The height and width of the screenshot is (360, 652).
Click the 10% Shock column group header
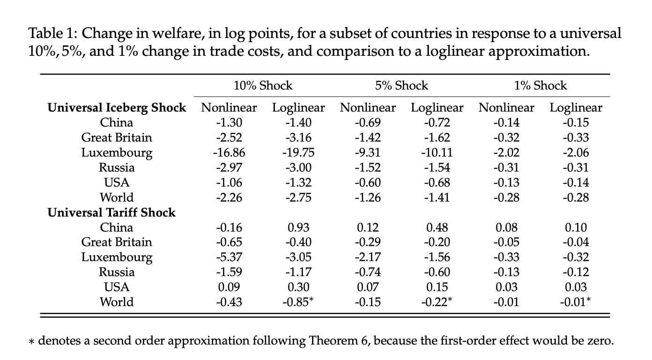[x=263, y=86]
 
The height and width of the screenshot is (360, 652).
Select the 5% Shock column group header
[x=401, y=86]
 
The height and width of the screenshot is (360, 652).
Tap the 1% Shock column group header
[x=540, y=86]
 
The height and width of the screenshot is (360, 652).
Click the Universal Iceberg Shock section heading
[x=117, y=108]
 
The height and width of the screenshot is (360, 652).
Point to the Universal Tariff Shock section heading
[x=111, y=212]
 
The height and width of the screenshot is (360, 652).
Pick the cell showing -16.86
[x=229, y=153]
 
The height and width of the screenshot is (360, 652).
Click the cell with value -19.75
[x=298, y=153]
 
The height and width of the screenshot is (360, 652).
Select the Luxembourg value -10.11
[x=437, y=153]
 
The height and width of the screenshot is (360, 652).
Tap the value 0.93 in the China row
[x=298, y=227]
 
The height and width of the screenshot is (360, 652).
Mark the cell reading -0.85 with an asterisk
[x=298, y=302]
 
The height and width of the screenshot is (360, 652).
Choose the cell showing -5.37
[x=229, y=257]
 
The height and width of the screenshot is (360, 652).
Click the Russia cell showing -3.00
[x=298, y=168]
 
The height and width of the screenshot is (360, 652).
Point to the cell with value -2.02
[x=506, y=153]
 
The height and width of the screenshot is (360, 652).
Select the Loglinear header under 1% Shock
[x=576, y=108]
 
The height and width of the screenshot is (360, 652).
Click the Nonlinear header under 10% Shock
[x=229, y=108]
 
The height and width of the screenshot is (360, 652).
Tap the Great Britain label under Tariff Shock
[x=117, y=242]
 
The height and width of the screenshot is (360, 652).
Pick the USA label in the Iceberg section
[x=117, y=182]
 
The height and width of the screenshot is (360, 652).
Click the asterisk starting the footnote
[x=32, y=341]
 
